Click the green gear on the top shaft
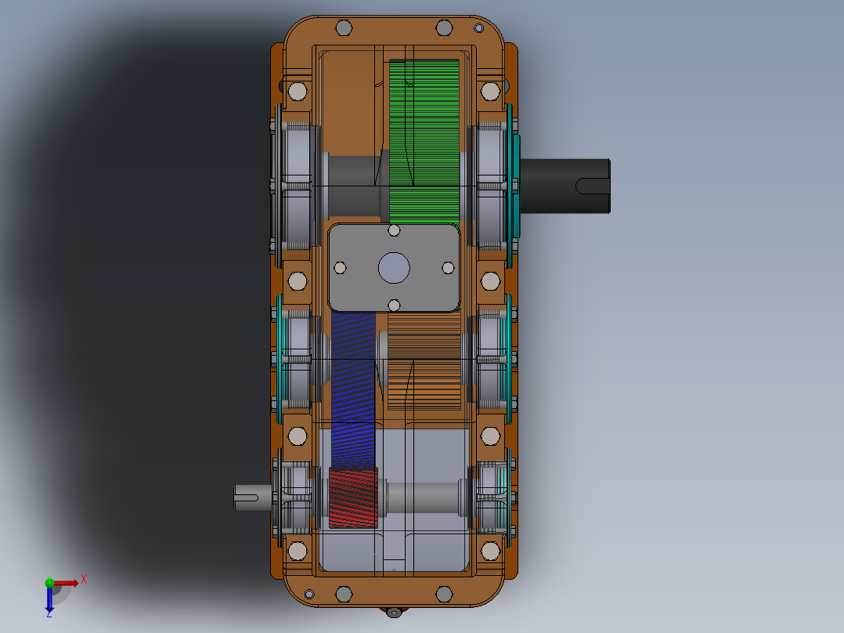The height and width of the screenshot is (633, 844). [x=424, y=141]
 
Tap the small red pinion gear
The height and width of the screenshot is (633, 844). [x=353, y=497]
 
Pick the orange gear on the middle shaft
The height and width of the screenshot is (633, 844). [x=424, y=361]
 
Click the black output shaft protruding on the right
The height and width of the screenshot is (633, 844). [x=564, y=186]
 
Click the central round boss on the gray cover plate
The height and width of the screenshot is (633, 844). [x=394, y=268]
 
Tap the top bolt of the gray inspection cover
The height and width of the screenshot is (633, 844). [x=394, y=230]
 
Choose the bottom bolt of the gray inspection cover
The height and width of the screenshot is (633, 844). [x=394, y=305]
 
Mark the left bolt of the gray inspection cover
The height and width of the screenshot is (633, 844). [x=340, y=268]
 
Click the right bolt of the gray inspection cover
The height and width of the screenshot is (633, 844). [x=448, y=268]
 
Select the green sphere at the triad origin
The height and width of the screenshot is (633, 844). [x=49, y=582]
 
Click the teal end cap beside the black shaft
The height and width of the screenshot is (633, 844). [x=516, y=186]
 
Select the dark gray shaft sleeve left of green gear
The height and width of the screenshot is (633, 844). [x=352, y=186]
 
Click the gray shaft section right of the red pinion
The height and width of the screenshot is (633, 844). [x=423, y=497]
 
